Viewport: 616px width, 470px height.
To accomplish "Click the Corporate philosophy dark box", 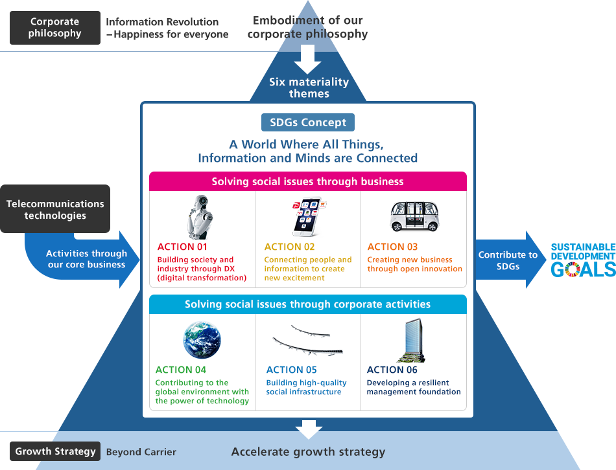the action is pyautogui.click(x=55, y=28).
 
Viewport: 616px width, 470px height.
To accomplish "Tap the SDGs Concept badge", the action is pyautogui.click(x=308, y=122).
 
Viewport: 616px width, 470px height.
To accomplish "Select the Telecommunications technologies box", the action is pyautogui.click(x=55, y=209).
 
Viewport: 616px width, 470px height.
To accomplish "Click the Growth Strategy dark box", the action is pyautogui.click(x=55, y=451).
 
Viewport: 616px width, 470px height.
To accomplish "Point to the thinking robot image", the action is pyautogui.click(x=200, y=217).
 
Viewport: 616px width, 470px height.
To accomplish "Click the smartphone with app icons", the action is pyautogui.click(x=309, y=217).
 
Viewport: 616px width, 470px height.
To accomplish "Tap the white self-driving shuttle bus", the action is pyautogui.click(x=414, y=216).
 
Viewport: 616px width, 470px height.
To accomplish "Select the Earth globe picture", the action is pyautogui.click(x=202, y=340).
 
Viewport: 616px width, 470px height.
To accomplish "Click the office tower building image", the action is pyautogui.click(x=411, y=340).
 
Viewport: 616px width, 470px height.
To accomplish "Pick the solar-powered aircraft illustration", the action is pyautogui.click(x=308, y=341).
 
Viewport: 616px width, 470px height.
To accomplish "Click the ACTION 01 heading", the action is pyautogui.click(x=182, y=247).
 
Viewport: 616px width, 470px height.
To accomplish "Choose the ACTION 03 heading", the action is pyautogui.click(x=392, y=247).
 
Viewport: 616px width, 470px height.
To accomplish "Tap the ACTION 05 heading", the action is pyautogui.click(x=292, y=370).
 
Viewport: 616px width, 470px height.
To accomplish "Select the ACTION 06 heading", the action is pyautogui.click(x=392, y=370).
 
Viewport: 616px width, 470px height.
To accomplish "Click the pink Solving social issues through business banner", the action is pyautogui.click(x=308, y=181).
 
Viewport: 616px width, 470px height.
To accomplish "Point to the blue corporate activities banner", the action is pyautogui.click(x=308, y=304).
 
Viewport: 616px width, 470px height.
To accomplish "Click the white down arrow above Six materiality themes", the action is pyautogui.click(x=307, y=59).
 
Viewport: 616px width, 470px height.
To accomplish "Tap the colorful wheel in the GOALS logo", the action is pyautogui.click(x=572, y=269).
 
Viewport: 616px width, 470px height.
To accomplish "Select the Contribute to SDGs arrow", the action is pyautogui.click(x=511, y=260).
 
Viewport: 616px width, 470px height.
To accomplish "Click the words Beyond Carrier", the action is pyautogui.click(x=141, y=452).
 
